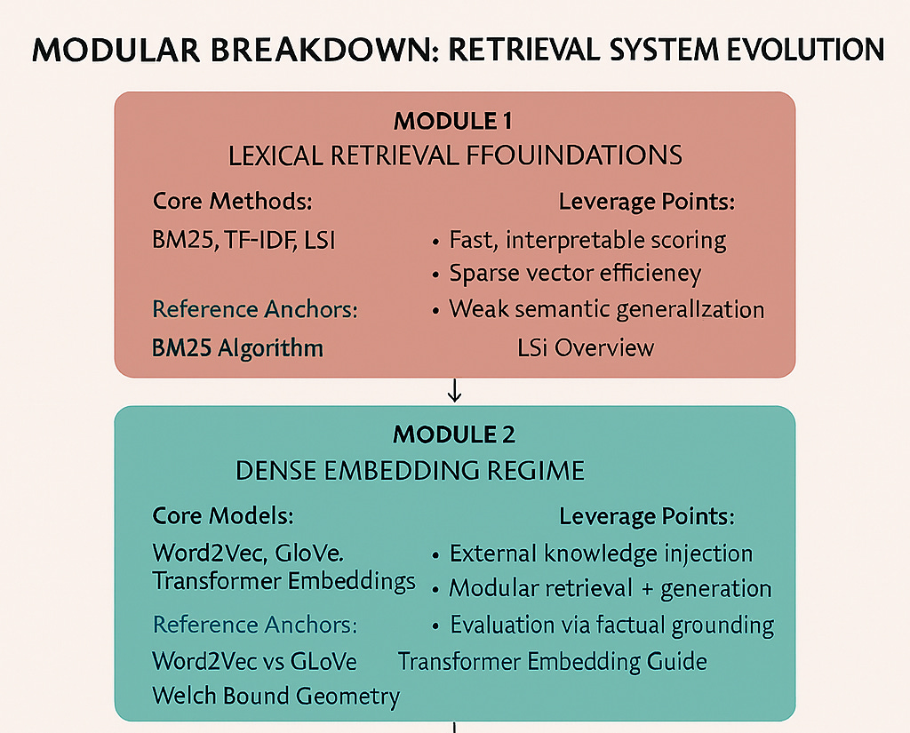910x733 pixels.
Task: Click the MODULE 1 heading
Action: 454,121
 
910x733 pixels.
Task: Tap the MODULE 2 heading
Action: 454,435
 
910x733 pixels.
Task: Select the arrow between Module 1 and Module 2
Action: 455,391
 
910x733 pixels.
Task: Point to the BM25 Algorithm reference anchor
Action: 237,347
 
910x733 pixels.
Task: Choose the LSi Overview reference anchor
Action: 585,347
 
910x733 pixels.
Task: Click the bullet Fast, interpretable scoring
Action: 587,240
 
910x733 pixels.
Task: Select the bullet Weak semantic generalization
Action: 606,309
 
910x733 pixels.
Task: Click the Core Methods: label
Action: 232,202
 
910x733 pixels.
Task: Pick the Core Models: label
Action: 222,516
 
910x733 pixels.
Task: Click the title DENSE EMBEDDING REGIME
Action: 410,470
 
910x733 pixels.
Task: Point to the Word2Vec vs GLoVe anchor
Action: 254,661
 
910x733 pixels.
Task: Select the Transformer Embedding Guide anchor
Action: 552,661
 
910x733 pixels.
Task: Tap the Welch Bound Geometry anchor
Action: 275,696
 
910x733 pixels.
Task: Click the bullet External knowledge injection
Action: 601,554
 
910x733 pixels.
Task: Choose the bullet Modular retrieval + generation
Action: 610,588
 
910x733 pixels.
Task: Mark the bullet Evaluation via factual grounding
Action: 611,625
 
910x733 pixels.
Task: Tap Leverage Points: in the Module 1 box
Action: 646,202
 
